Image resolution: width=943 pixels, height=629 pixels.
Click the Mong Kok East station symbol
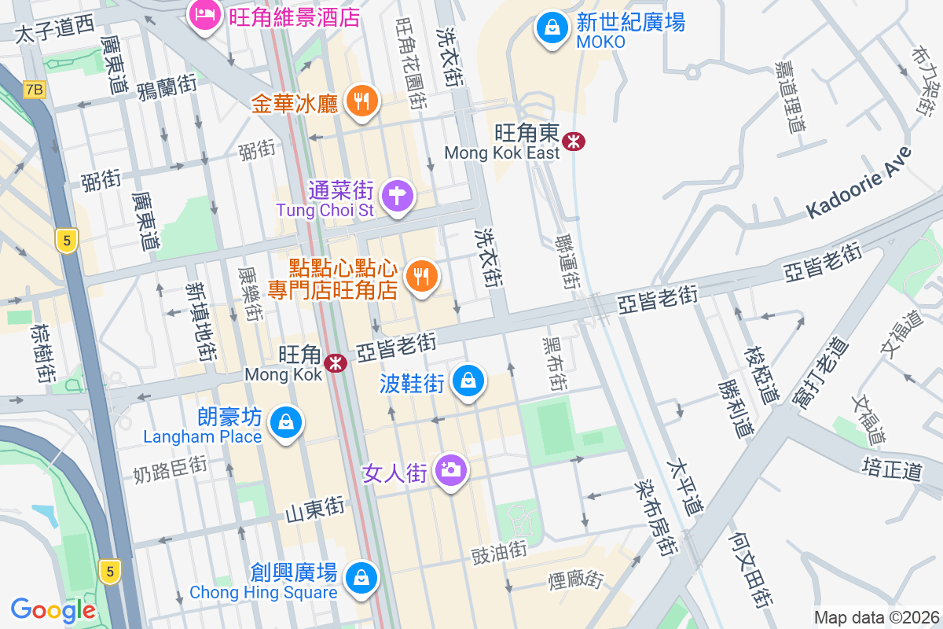pos(574,142)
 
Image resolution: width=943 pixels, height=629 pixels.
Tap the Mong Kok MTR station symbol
pos(336,363)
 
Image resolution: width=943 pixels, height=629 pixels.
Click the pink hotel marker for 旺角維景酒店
pos(206,14)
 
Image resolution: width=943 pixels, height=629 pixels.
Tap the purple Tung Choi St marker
pos(398,194)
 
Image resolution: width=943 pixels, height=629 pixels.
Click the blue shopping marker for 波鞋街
pos(469,381)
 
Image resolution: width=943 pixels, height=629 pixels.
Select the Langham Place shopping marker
pos(284,422)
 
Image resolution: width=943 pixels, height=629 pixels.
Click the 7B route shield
pos(34,89)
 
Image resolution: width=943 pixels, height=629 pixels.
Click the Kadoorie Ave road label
pos(859,182)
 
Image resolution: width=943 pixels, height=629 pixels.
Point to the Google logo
pos(53,609)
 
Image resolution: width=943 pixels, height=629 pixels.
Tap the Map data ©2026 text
pos(876,617)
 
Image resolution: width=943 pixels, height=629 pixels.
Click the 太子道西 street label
pos(55,31)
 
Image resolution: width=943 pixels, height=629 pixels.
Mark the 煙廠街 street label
pos(576,580)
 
